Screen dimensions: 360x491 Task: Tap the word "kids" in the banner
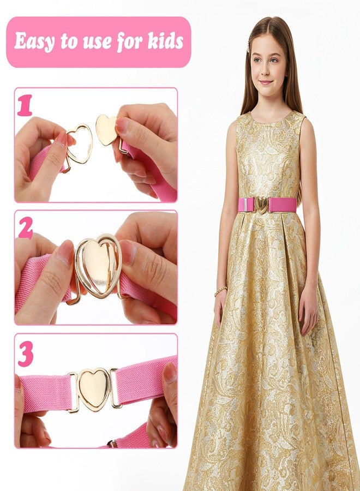(x=166, y=41)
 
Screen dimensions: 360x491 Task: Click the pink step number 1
(x=25, y=105)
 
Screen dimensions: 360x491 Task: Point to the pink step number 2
(x=26, y=227)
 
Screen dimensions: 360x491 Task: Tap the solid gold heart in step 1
(x=106, y=130)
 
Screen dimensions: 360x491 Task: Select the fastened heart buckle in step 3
(x=94, y=389)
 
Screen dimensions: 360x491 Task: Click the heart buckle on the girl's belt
(x=262, y=204)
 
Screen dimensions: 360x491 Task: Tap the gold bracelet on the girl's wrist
(x=221, y=291)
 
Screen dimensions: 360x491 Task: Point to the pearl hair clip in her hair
(x=249, y=44)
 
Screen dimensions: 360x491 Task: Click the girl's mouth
(x=266, y=82)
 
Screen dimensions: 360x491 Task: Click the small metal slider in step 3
(x=112, y=444)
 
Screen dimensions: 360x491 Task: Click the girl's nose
(x=266, y=70)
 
